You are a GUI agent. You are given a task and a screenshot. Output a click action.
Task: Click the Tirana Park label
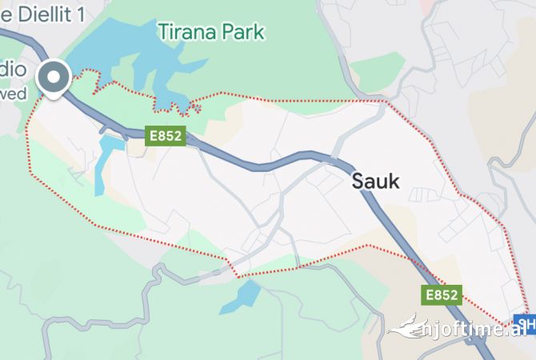point(211,32)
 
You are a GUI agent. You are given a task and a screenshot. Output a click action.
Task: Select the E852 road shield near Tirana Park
point(166,136)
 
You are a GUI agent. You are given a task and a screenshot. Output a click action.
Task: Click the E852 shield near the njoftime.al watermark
point(442,295)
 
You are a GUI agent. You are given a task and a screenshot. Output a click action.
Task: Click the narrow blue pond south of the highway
point(104,164)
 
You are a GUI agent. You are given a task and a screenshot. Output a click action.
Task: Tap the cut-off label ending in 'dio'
point(13,70)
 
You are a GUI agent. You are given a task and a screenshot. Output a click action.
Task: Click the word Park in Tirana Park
point(244,32)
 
